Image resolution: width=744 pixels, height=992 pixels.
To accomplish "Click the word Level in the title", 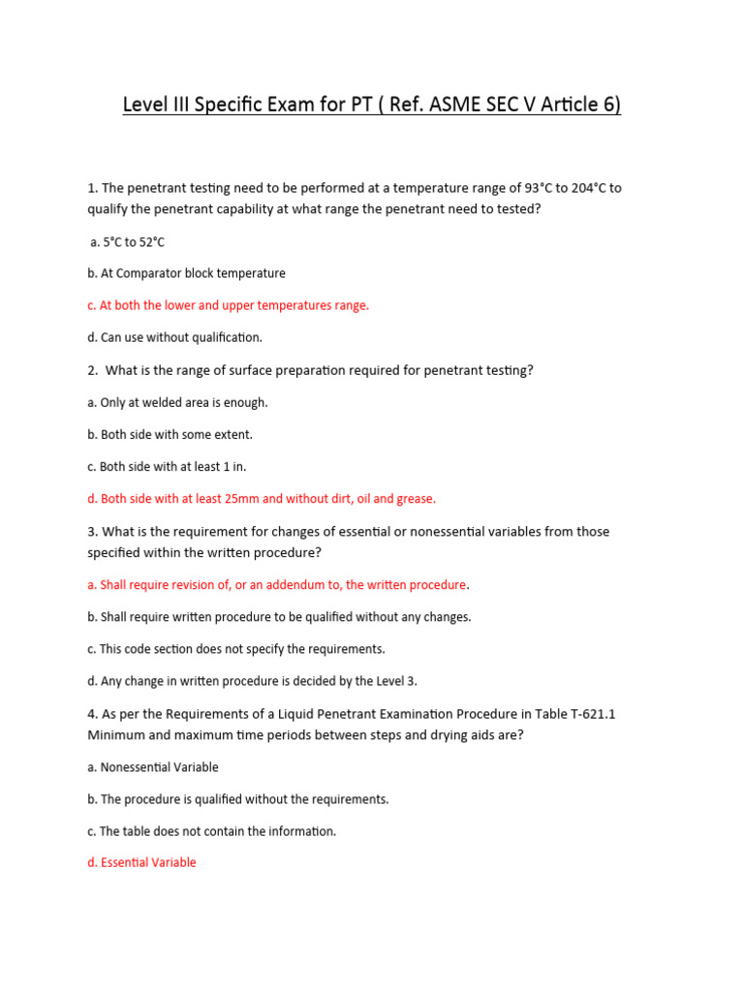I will pos(144,104).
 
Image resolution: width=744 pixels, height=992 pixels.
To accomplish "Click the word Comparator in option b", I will pos(151,273).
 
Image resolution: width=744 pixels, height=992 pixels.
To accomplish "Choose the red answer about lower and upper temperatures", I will pos(228,305).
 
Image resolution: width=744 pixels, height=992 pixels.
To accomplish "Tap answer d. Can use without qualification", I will pos(174,337).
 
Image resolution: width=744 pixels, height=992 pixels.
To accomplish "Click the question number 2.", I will pos(91,370).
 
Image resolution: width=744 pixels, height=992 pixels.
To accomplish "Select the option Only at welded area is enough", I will pos(177,402).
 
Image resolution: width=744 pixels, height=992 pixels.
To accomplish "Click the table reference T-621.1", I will pos(581,714).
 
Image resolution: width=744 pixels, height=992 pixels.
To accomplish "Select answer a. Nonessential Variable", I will pos(153,767).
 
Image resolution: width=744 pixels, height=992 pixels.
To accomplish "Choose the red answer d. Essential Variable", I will pos(141,862).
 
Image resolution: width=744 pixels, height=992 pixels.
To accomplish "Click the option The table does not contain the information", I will pos(211,831).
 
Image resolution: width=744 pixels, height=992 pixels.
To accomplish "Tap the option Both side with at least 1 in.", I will pos(167,466).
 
